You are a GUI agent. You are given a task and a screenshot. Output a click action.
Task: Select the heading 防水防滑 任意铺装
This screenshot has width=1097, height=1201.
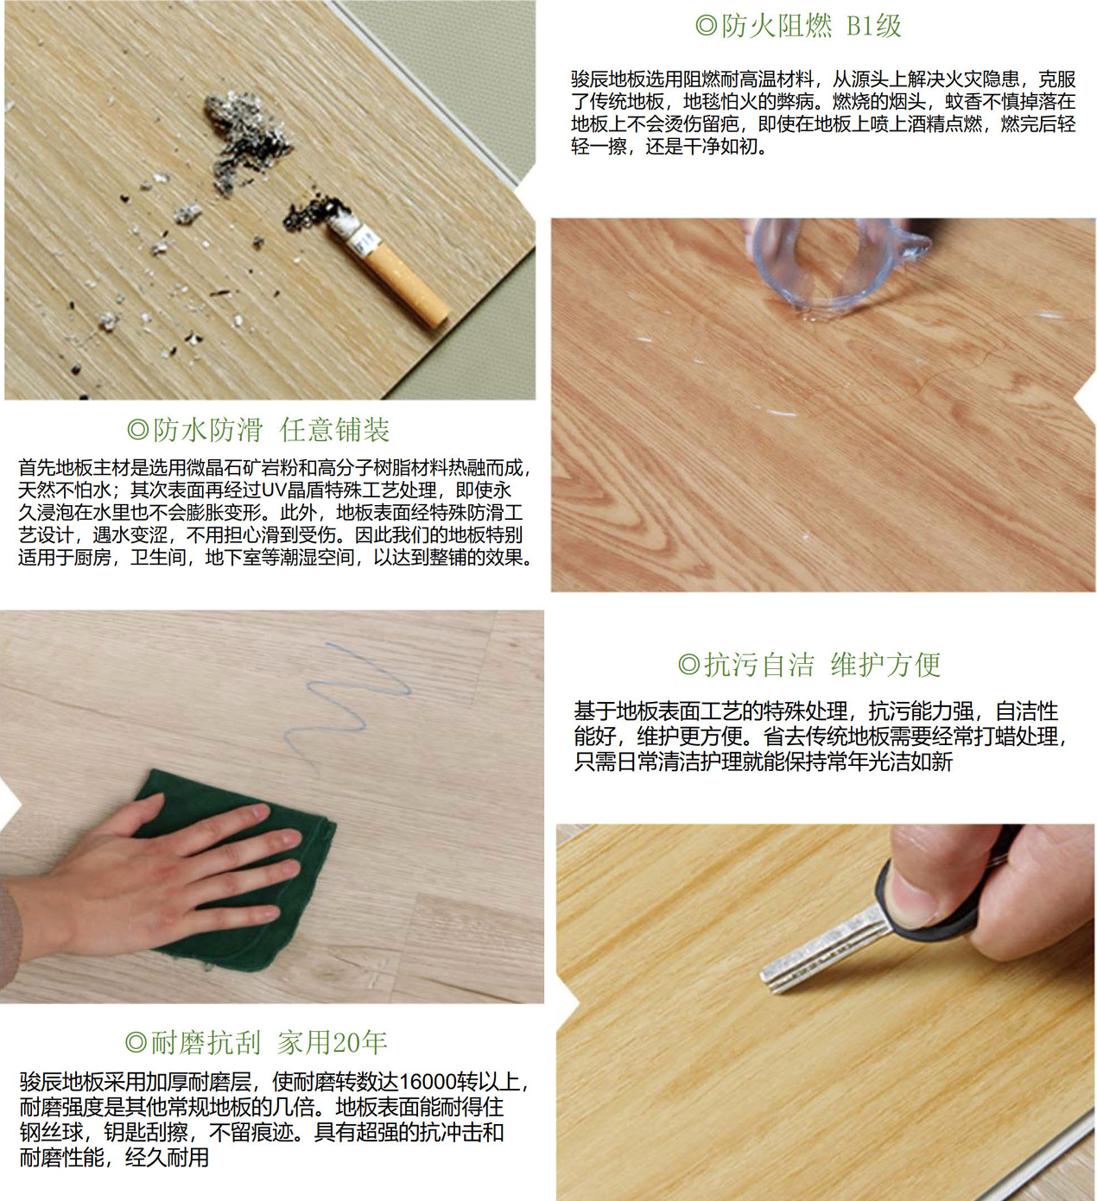pos(259,430)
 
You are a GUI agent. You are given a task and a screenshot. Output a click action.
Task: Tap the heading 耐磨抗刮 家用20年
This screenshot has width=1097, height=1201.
pos(257,1043)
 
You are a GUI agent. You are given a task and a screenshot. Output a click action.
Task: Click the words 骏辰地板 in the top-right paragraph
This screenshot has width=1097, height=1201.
pos(608,79)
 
